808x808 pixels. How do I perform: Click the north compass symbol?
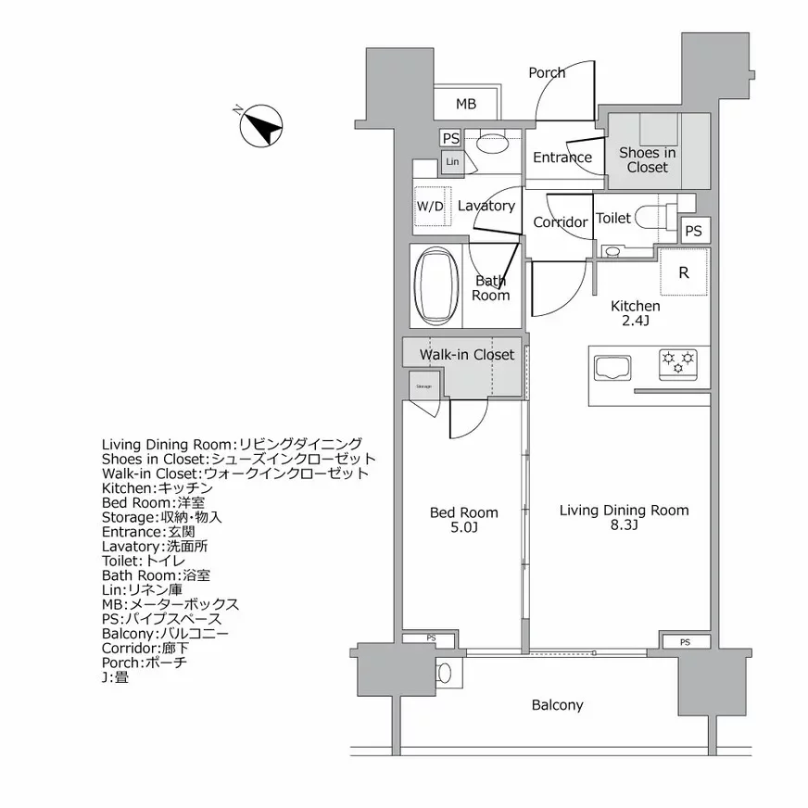coord(260,126)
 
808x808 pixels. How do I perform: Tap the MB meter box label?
coord(466,104)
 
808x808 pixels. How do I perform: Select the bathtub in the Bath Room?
coord(434,285)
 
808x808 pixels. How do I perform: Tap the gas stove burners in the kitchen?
coord(677,361)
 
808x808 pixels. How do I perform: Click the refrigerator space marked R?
coord(684,272)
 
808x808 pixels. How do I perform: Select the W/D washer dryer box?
coord(431,206)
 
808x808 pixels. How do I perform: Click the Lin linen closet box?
coord(452,162)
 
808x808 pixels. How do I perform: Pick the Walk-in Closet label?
coord(466,354)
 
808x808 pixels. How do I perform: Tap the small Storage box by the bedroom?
coord(423,386)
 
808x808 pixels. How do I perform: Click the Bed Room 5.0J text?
coord(463,519)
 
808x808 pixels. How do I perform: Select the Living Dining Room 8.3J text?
coord(624,517)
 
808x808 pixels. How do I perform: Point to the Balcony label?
coord(557,705)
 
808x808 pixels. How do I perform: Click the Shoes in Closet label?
coord(646,159)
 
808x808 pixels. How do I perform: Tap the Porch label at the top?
coord(547,72)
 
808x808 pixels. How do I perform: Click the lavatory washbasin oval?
coord(490,145)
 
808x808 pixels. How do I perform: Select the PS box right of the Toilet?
coord(693,231)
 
